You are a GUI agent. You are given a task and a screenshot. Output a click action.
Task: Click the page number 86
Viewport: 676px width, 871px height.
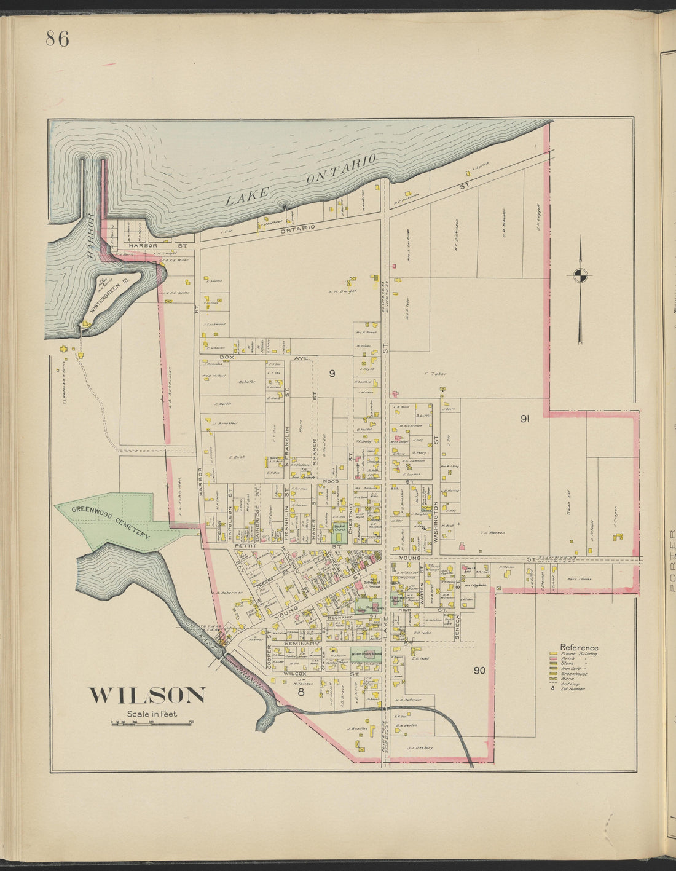tap(57, 39)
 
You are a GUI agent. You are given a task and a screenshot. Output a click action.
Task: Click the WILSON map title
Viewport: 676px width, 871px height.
tap(147, 695)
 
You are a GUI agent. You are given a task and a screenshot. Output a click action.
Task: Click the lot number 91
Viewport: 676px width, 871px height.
tap(525, 419)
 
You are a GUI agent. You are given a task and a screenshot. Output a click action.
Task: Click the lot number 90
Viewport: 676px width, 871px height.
tap(480, 670)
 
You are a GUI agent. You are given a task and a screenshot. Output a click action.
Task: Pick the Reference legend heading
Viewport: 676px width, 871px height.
tap(578, 647)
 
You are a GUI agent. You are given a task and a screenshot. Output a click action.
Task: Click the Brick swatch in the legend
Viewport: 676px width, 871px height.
tap(554, 659)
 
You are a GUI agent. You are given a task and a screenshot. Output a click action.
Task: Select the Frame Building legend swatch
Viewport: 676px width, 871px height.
tap(554, 653)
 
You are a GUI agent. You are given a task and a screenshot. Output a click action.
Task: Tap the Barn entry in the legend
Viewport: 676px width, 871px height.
tap(554, 679)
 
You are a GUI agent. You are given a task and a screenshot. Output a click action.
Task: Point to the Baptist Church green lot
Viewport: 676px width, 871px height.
tap(339, 527)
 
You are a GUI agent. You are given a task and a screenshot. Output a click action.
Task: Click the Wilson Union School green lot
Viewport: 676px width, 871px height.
tap(366, 654)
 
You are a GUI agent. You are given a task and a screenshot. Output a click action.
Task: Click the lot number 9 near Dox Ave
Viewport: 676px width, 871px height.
tap(331, 372)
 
